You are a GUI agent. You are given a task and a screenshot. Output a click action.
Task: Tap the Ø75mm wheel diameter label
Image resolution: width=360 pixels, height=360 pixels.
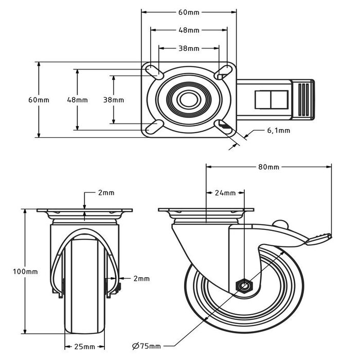(147, 345)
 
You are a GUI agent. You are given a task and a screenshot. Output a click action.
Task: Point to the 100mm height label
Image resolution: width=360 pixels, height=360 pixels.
(25, 271)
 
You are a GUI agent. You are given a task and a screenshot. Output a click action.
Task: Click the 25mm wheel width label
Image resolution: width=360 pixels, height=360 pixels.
(84, 346)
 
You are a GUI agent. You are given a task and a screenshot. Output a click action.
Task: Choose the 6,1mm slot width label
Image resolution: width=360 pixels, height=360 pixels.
(278, 131)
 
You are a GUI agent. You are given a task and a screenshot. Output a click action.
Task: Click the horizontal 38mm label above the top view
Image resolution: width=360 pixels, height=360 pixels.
(189, 49)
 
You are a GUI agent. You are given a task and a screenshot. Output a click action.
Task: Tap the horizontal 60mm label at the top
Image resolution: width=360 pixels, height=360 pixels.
(189, 12)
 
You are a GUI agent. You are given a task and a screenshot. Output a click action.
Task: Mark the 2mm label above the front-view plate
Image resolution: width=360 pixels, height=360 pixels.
(106, 193)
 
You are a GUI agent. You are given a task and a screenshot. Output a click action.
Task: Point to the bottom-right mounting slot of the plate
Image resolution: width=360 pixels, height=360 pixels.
(223, 125)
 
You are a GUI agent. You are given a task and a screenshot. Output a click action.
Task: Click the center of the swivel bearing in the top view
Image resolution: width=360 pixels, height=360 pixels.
(189, 99)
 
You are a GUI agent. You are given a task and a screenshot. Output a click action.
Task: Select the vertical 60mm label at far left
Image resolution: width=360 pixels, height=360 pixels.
(39, 100)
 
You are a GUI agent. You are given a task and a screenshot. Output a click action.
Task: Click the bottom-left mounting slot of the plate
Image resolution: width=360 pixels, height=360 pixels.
(155, 126)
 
